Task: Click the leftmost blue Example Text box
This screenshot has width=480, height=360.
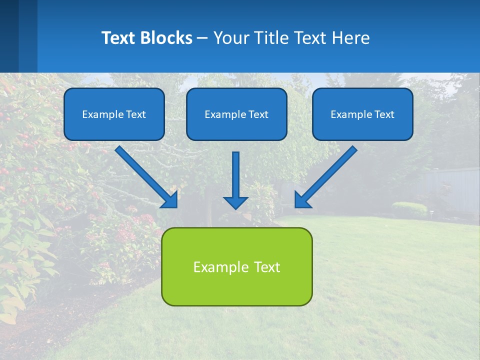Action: click(x=114, y=114)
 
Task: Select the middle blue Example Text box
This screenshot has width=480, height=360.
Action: click(x=236, y=114)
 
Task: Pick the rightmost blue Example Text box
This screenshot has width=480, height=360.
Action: click(x=362, y=114)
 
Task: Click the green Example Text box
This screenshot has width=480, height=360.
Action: click(x=236, y=266)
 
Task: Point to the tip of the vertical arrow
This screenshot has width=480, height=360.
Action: click(x=235, y=208)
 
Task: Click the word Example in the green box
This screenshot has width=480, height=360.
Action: click(x=216, y=267)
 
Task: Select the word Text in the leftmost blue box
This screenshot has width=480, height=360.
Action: click(x=136, y=114)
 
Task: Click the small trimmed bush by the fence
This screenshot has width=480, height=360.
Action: click(x=409, y=209)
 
